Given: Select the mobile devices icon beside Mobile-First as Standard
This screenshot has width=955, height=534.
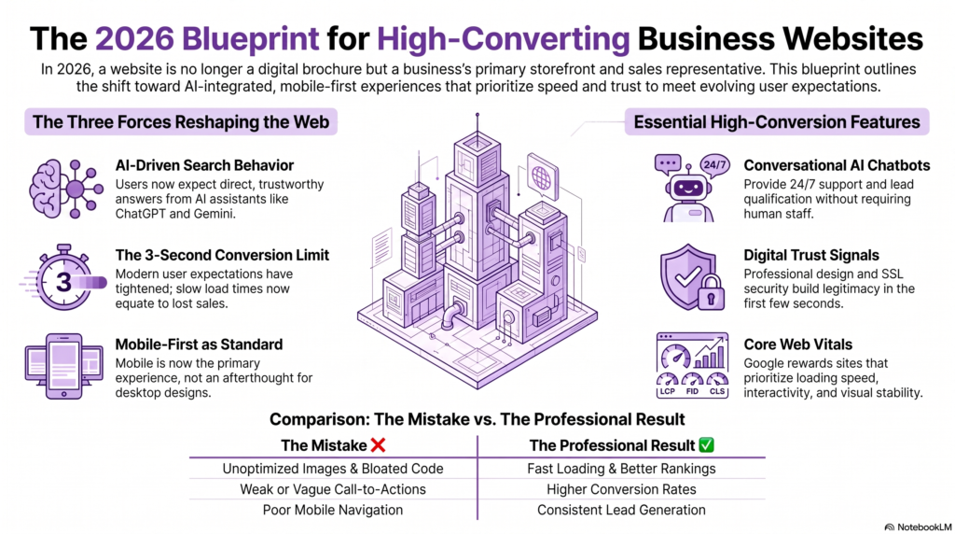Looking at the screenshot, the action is tap(64, 366).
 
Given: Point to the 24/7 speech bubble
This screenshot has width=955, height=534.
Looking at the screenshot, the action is tap(713, 165).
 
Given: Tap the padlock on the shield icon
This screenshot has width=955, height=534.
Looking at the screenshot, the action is tap(711, 292).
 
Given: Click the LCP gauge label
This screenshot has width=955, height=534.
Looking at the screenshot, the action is tap(668, 391).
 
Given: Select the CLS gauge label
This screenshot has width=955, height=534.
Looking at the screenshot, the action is tap(717, 391).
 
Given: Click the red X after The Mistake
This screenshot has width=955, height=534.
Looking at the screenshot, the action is tap(379, 445).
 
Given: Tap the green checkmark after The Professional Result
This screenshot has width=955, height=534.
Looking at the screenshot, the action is tap(707, 445).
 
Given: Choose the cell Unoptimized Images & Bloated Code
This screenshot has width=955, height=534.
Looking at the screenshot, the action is tap(333, 469).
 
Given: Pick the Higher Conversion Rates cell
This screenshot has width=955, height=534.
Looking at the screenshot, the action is tap(621, 489).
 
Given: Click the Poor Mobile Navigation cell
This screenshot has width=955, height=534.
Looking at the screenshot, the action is tap(333, 511).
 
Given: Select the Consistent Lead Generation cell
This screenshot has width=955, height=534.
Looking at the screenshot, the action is tap(621, 511).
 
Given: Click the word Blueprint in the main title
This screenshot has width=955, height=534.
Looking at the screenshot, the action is tap(250, 39).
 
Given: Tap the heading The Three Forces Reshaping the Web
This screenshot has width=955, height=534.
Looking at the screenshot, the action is tap(181, 122).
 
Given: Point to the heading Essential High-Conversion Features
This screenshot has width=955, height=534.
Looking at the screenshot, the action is tap(777, 122).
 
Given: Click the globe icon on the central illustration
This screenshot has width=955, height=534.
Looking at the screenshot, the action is tap(541, 178).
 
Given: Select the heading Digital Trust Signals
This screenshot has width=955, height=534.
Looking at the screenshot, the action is tap(811, 256).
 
